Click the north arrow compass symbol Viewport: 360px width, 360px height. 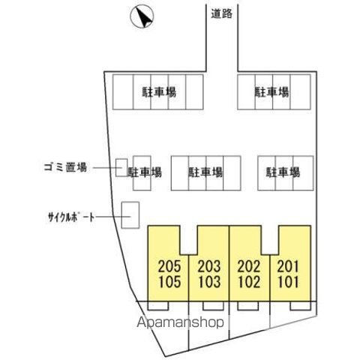(x=142, y=16)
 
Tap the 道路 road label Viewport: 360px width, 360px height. (x=222, y=13)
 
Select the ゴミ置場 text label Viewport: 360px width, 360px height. (x=65, y=167)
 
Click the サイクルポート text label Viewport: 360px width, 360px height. (x=71, y=217)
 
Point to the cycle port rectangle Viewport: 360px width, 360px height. (x=130, y=215)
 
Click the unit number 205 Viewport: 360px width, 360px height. (x=169, y=266)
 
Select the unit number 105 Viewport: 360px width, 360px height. (x=169, y=282)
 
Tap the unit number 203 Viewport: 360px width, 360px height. (x=209, y=266)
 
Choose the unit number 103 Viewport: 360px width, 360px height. (x=209, y=282)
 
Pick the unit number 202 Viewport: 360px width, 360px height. (x=249, y=266)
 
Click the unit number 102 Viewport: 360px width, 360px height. (x=249, y=282)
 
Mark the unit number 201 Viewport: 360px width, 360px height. (x=288, y=266)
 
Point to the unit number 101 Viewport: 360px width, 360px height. (x=288, y=282)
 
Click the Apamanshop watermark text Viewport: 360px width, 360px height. (x=181, y=322)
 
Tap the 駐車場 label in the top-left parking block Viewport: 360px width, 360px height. (x=159, y=92)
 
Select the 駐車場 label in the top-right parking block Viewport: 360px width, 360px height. (x=271, y=92)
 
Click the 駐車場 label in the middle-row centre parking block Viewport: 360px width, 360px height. (x=205, y=172)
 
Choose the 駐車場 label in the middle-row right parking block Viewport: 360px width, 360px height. (x=283, y=172)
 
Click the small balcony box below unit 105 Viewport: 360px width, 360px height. (x=158, y=306)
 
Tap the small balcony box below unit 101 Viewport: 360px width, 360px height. (x=301, y=306)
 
